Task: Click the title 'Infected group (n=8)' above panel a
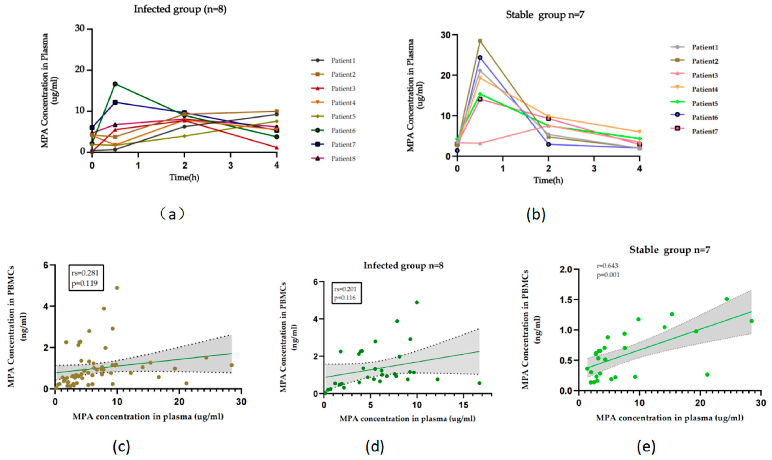(180, 9)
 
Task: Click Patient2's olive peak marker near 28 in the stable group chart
(480, 41)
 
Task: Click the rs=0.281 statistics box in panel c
(86, 277)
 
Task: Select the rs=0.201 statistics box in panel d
(346, 293)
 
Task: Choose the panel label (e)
(646, 447)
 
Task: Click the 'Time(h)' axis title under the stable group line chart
(548, 180)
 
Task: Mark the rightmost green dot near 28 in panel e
(751, 321)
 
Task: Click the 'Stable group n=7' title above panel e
(669, 250)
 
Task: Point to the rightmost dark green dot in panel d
(479, 383)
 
